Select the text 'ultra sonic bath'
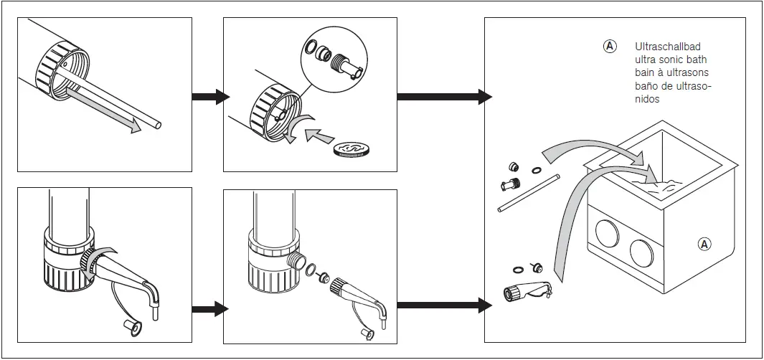(666, 60)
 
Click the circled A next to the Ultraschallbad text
(610, 47)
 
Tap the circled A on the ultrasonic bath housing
(704, 244)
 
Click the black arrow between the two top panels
(209, 98)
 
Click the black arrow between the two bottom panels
(209, 309)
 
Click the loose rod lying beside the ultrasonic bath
(528, 191)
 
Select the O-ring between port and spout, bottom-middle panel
(310, 271)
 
